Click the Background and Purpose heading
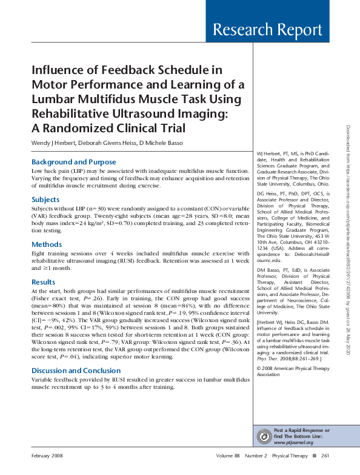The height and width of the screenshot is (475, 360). tap(73, 162)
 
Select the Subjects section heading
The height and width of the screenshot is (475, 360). tap(45, 200)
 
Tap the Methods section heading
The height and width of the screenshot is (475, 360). tap(46, 244)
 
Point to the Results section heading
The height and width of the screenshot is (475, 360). tap(44, 282)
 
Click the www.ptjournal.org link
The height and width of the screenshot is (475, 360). tap(293, 442)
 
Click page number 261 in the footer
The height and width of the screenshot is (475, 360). tap(325, 456)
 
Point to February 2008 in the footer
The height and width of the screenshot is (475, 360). tap(48, 456)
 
